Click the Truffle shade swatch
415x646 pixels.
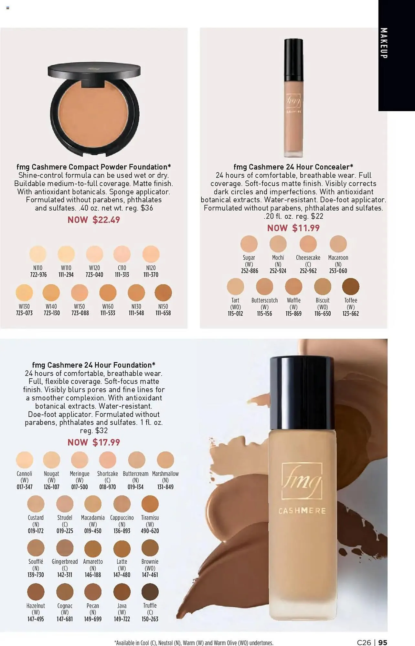tap(150, 592)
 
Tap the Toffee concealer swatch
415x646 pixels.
tap(351, 287)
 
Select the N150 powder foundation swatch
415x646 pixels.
tap(163, 293)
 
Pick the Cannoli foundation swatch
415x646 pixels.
tap(25, 460)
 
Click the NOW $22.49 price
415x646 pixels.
tap(94, 220)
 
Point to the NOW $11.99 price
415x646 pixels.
tap(293, 228)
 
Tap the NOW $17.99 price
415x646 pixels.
tap(94, 443)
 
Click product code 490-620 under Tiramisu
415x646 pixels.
tap(150, 531)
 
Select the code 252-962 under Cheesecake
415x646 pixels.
tap(308, 271)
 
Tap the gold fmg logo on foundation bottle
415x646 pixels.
tap(302, 481)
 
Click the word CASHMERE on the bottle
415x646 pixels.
tap(302, 511)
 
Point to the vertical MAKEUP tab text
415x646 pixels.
tap(384, 43)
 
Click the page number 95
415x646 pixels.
tap(383, 642)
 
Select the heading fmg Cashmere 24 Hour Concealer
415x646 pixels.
tap(293, 167)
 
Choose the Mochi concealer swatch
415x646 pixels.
tap(278, 244)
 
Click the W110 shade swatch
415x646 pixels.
tap(66, 254)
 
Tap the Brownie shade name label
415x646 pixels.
tap(150, 562)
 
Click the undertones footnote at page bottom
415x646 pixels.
tap(194, 643)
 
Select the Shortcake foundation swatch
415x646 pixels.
tap(108, 460)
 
